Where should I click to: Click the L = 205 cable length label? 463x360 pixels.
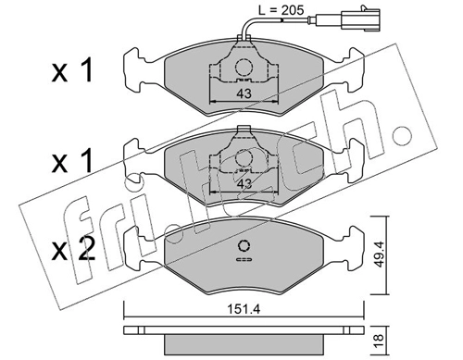(x=281, y=10)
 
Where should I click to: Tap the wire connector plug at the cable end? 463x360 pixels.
(x=360, y=20)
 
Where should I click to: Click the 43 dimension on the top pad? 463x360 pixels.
(x=244, y=93)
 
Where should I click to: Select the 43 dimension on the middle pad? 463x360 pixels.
(x=244, y=184)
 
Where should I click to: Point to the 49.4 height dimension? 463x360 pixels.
(x=379, y=254)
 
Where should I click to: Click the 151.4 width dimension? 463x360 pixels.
(x=244, y=308)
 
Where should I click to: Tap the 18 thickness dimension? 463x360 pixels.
(x=379, y=341)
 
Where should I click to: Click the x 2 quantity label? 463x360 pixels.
(x=73, y=250)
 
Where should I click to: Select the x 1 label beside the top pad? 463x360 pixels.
(x=72, y=71)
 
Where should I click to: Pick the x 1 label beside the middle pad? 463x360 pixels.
(x=72, y=161)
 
